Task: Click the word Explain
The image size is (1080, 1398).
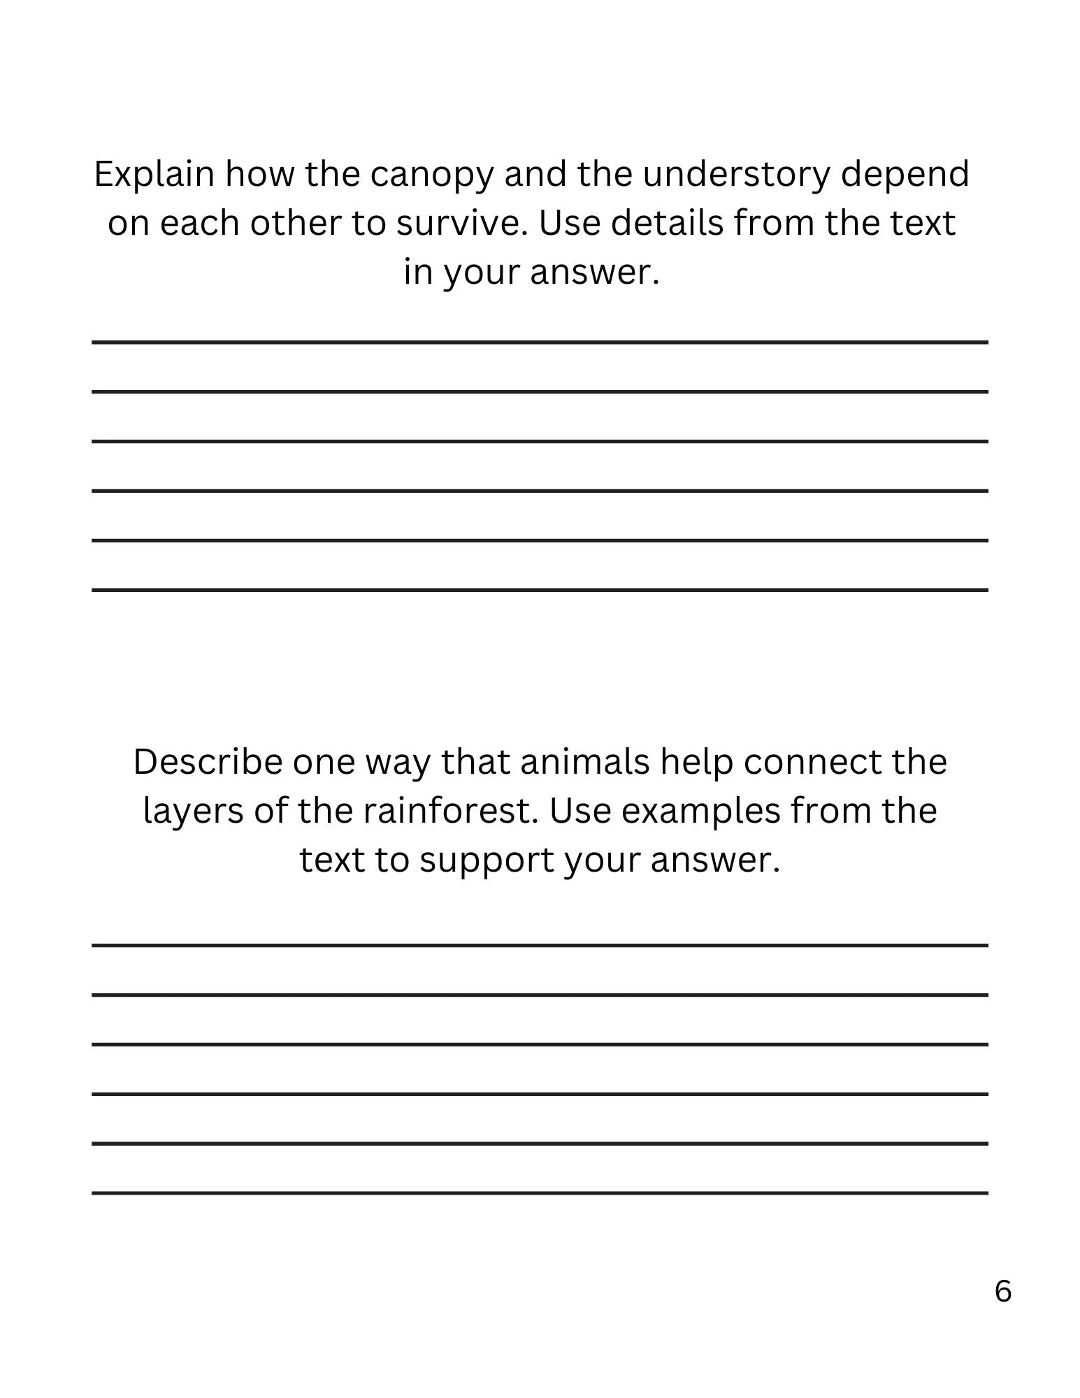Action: click(x=154, y=175)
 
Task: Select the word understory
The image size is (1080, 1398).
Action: click(x=736, y=175)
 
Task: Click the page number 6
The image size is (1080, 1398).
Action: click(x=1002, y=1291)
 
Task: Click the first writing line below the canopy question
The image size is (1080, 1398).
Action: click(x=540, y=342)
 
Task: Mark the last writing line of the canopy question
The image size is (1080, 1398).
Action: click(x=540, y=590)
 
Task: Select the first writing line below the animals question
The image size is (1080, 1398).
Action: click(x=540, y=945)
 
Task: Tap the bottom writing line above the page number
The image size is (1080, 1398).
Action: click(x=540, y=1192)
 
